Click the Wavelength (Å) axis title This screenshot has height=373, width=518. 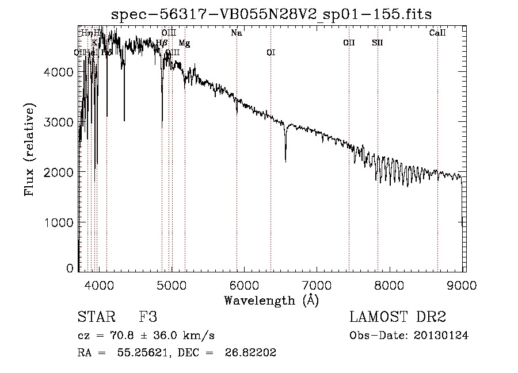[x=271, y=300]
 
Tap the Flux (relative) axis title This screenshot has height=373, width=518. [x=29, y=149]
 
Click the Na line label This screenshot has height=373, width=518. [x=236, y=33]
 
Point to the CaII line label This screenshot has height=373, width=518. [x=437, y=33]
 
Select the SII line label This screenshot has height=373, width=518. [x=377, y=43]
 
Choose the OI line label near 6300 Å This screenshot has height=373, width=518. [x=271, y=52]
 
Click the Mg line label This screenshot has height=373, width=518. [x=184, y=43]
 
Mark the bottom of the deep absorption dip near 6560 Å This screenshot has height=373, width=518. [x=285, y=161]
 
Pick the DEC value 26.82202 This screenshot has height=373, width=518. [x=251, y=353]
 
